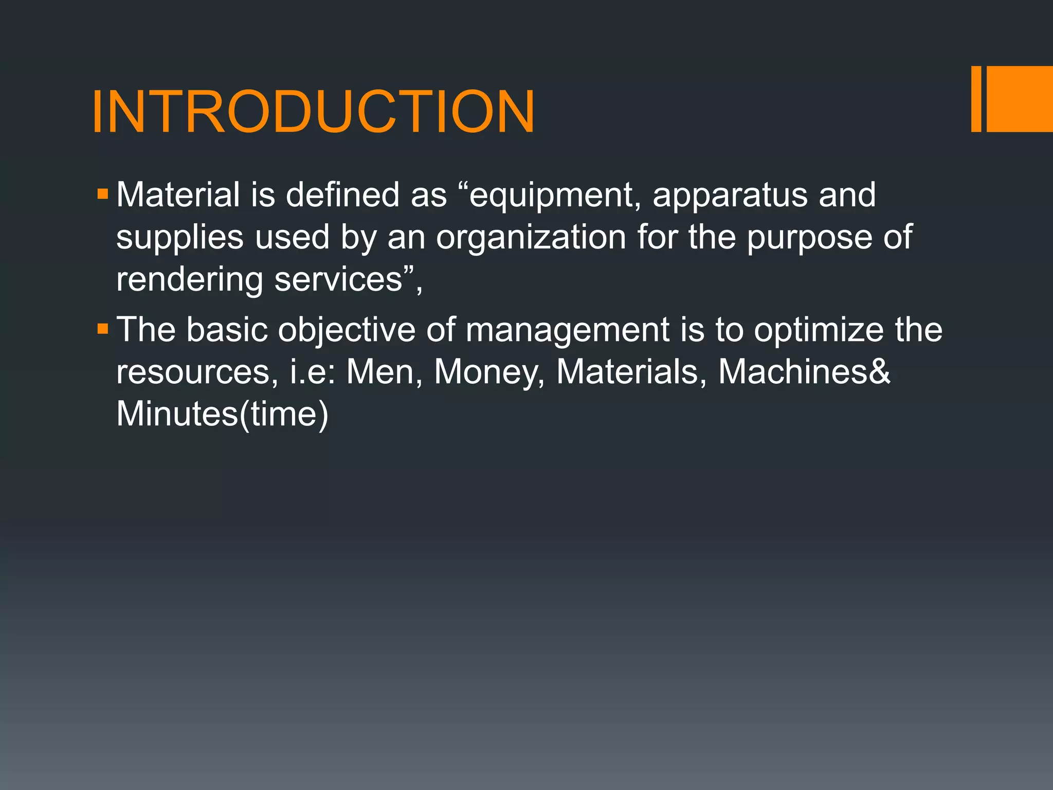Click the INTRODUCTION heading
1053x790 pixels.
pos(313,112)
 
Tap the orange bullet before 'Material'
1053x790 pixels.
pos(103,194)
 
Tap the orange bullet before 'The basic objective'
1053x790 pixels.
pos(103,329)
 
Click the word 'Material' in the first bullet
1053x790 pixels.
pos(178,195)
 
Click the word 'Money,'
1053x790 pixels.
pos(488,372)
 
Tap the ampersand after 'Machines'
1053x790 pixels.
pos(880,371)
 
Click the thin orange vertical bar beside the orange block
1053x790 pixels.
pos(976,99)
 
